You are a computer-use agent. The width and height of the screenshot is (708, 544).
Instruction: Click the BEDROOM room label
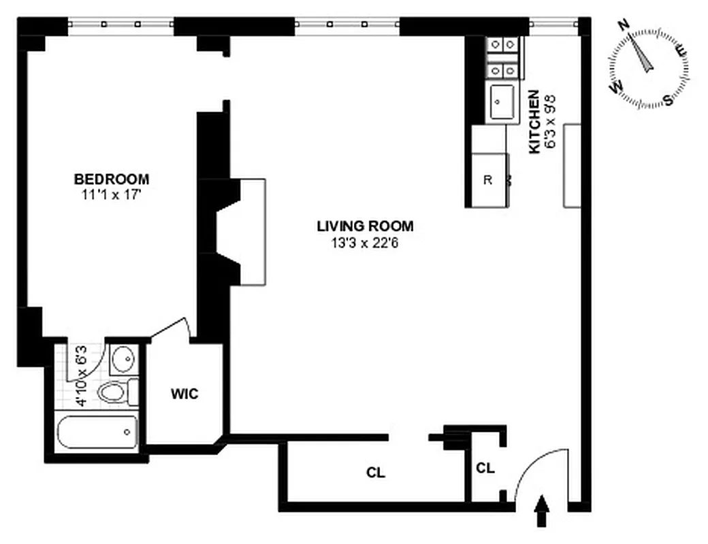112,180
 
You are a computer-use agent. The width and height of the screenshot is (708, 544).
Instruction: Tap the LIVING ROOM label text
365,226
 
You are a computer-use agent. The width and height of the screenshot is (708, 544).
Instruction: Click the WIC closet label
184,394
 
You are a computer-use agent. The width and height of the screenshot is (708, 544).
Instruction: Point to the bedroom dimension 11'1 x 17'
112,194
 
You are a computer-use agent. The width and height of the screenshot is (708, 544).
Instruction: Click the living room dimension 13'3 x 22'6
365,243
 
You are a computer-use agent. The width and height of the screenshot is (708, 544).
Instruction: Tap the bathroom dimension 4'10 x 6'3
81,377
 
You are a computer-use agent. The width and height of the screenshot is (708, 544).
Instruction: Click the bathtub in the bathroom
97,432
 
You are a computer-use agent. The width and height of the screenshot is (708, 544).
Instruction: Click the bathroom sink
123,358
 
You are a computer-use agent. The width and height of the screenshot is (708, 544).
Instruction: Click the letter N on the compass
622,25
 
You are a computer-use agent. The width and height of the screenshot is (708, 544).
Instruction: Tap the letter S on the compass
668,100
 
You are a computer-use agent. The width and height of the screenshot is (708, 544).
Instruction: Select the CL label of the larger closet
376,473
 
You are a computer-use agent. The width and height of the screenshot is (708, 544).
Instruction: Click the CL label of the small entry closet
485,468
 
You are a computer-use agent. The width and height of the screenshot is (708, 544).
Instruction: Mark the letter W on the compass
617,88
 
